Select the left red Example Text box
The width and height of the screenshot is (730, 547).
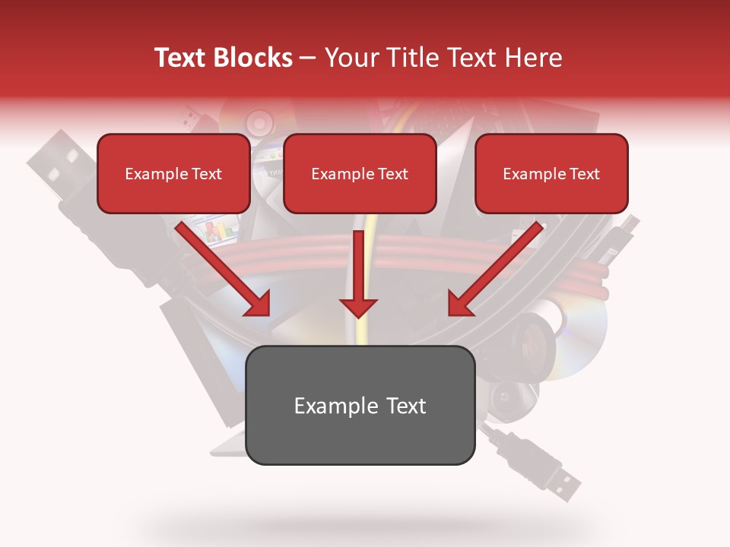(x=173, y=174)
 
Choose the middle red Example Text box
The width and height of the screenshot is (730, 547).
(x=360, y=174)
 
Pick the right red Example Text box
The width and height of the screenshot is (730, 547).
(x=551, y=174)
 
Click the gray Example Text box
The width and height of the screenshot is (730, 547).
(x=360, y=406)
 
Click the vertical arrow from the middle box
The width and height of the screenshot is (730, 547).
(x=358, y=273)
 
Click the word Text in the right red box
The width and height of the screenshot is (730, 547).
(x=583, y=174)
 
